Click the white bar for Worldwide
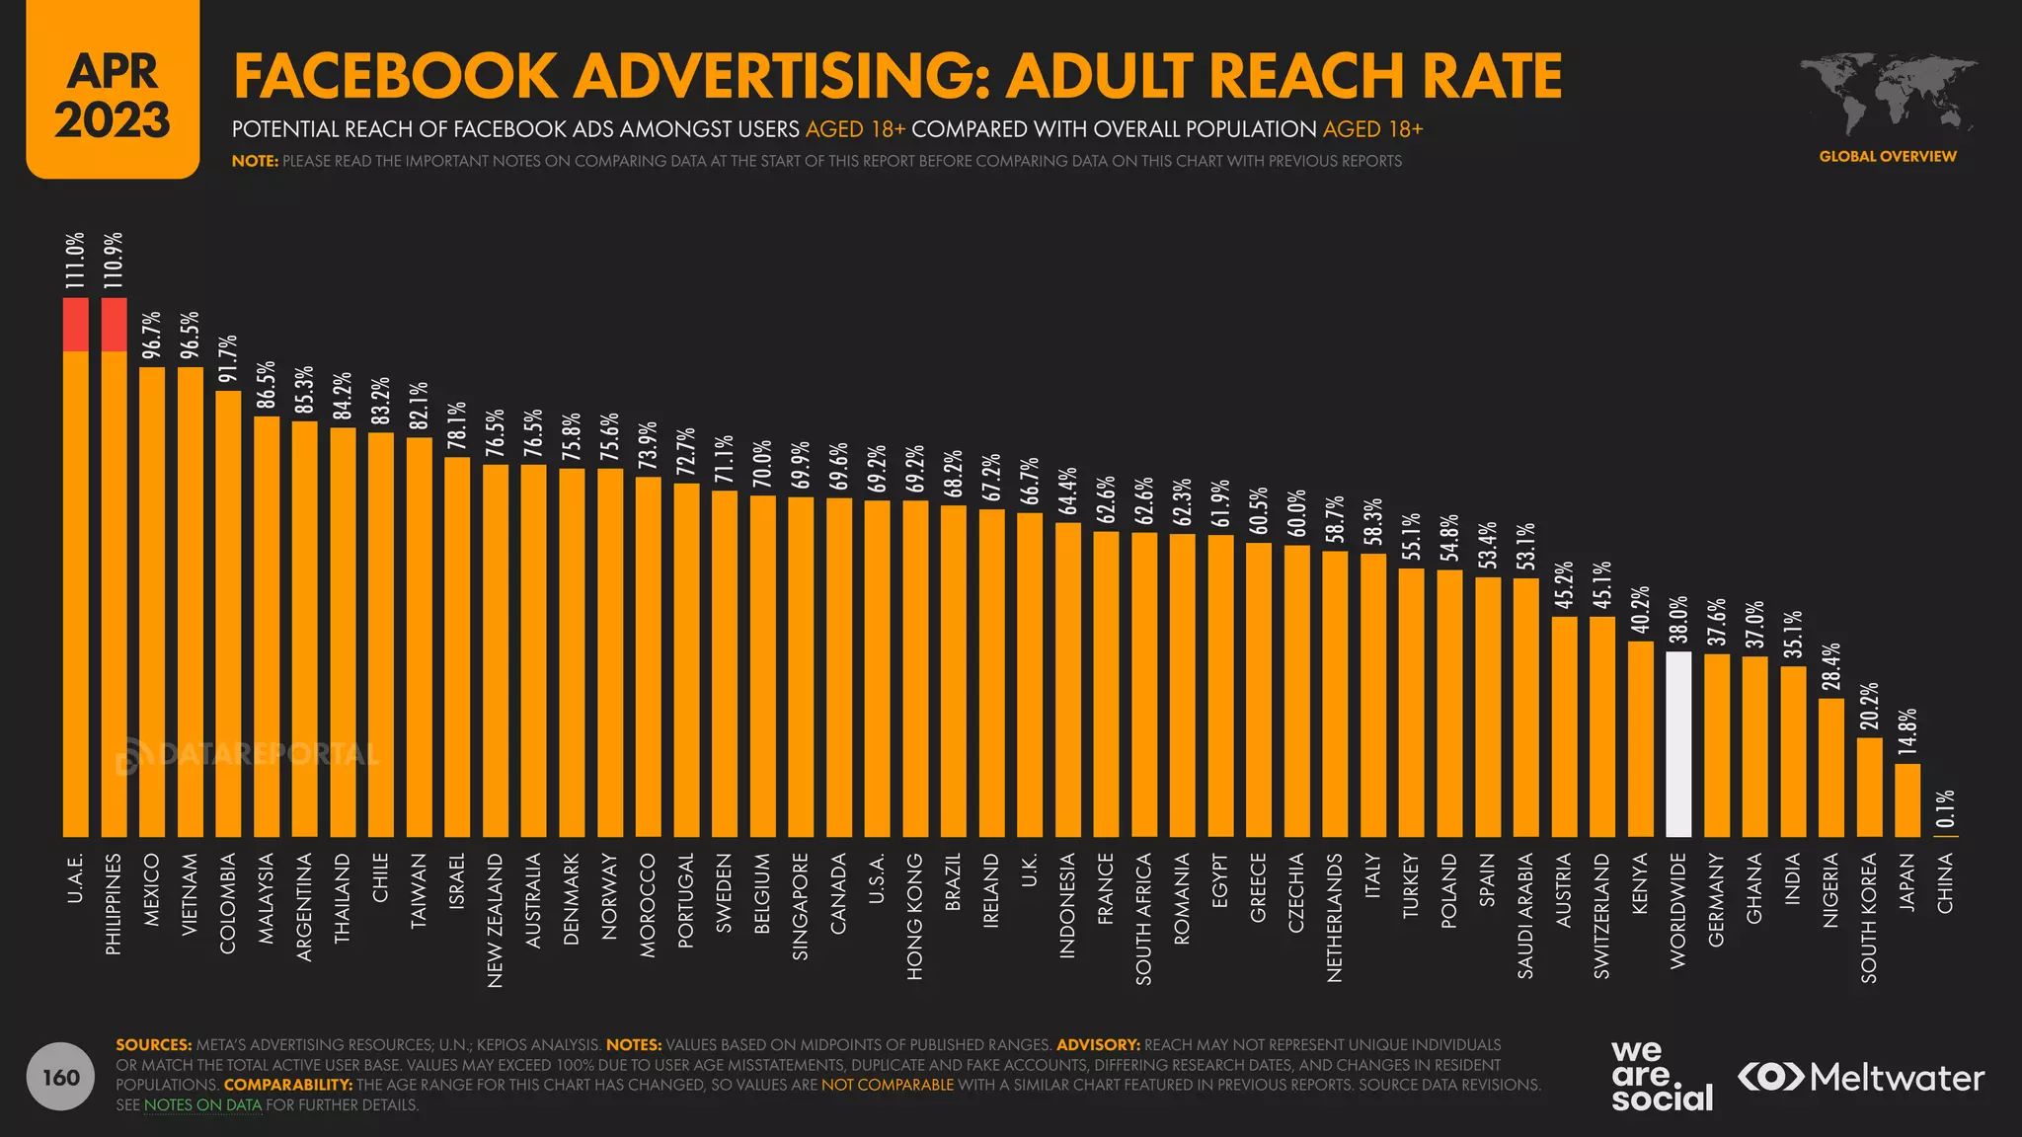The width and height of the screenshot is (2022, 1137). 1678,744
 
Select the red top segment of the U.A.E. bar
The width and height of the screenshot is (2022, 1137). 76,324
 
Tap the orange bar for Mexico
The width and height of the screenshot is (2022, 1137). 152,602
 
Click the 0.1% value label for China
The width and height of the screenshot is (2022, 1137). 1945,809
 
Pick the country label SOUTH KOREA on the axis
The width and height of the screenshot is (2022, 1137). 1869,918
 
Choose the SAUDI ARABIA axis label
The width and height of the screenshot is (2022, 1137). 1525,916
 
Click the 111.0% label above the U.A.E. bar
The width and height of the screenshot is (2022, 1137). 76,261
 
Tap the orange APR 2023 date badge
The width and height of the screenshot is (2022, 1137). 113,91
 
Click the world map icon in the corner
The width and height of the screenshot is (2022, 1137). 1887,95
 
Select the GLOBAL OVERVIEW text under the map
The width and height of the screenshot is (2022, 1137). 1887,156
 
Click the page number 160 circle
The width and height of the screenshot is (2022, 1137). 61,1077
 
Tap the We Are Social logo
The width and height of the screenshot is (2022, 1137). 1662,1076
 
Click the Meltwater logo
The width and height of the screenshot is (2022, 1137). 1861,1077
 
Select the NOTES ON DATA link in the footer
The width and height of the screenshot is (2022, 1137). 203,1105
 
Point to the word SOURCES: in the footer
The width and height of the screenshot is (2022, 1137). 154,1044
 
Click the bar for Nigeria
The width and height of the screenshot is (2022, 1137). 1831,768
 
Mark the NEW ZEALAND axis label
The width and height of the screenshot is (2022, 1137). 496,920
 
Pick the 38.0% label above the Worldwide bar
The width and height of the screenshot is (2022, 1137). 1678,620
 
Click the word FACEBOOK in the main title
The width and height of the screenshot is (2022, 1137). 396,77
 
